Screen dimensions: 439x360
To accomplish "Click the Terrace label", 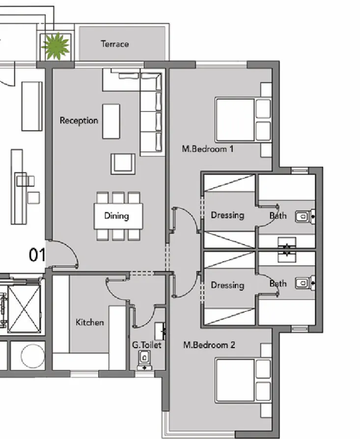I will (x=115, y=44).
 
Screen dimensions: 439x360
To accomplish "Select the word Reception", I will (x=79, y=120).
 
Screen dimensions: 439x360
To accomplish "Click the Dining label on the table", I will (x=116, y=216).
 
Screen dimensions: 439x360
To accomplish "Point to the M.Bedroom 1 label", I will (x=207, y=148).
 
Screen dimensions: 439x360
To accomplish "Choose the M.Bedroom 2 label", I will (x=209, y=345).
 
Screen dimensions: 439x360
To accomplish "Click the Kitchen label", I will (x=89, y=322).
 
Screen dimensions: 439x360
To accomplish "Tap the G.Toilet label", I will (x=146, y=345).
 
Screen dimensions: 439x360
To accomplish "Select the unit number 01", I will (x=37, y=255).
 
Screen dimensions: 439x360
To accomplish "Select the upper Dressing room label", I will (x=227, y=215).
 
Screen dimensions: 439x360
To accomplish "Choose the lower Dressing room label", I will (x=227, y=285).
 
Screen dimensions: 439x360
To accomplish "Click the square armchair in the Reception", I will (x=123, y=164).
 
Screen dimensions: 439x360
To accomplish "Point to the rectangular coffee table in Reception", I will (x=111, y=121).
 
